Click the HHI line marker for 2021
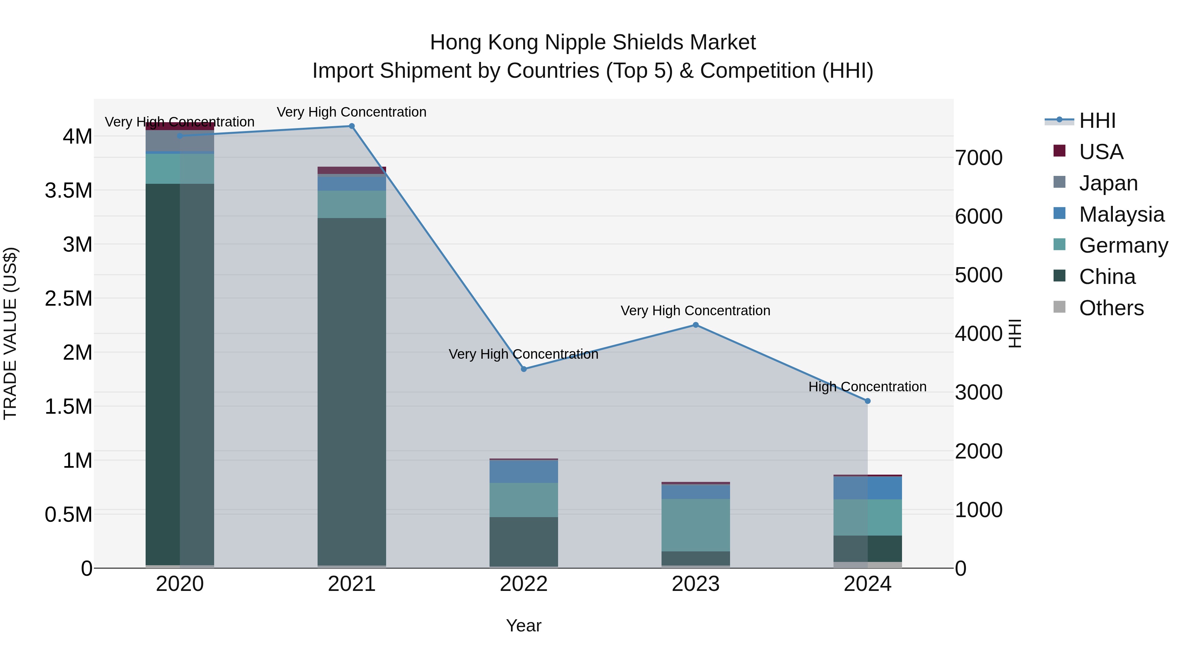pyautogui.click(x=352, y=126)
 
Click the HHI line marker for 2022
pyautogui.click(x=523, y=369)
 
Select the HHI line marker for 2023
pyautogui.click(x=696, y=325)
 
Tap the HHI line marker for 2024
pyautogui.click(x=867, y=402)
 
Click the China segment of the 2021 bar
pyautogui.click(x=352, y=391)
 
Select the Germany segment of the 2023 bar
pyautogui.click(x=696, y=525)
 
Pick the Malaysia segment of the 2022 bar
pyautogui.click(x=523, y=471)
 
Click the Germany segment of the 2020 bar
pyautogui.click(x=180, y=169)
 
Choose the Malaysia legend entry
pyautogui.click(x=1121, y=214)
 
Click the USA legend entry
pyautogui.click(x=1100, y=152)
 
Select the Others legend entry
pyautogui.click(x=1111, y=308)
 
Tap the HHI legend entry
pyautogui.click(x=1097, y=121)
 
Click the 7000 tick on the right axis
pyautogui.click(x=978, y=158)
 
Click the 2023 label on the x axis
pyautogui.click(x=696, y=584)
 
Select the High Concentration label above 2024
pyautogui.click(x=867, y=387)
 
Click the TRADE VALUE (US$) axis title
pyautogui.click(x=10, y=333)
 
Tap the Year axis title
pyautogui.click(x=523, y=625)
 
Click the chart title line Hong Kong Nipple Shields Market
pyautogui.click(x=593, y=42)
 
